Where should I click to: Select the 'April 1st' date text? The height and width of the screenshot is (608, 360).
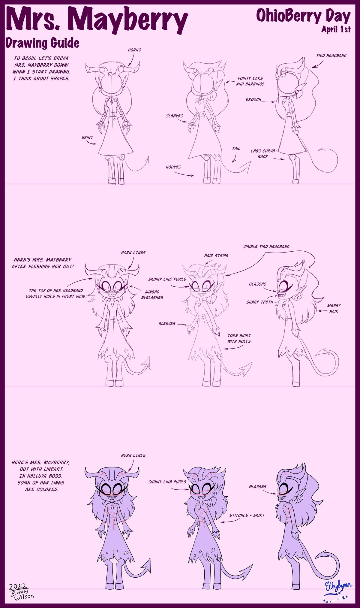[x=336, y=29]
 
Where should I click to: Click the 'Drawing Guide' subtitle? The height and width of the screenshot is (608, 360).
[x=42, y=43]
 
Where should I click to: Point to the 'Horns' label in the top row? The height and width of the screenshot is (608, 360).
[x=134, y=50]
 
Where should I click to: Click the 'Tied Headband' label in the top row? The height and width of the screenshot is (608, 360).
[x=331, y=56]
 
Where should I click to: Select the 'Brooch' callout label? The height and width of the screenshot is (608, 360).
[x=253, y=99]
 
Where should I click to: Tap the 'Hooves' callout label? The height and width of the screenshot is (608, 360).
[x=173, y=167]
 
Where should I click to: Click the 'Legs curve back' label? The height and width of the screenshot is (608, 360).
[x=262, y=154]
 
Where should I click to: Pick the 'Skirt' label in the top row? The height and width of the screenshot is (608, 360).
[x=87, y=138]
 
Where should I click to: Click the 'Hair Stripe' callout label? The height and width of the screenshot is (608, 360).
[x=216, y=256]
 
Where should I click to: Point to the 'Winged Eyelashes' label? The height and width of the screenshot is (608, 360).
[x=152, y=295]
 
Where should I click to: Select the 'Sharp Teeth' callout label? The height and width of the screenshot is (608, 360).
[x=259, y=302]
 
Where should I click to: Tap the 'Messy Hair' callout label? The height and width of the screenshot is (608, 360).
[x=334, y=308]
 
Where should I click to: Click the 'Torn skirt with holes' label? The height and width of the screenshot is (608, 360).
[x=239, y=338]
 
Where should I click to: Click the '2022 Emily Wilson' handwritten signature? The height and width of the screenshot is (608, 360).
[x=21, y=591]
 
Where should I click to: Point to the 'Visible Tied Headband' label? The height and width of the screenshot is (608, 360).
[x=266, y=247]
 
